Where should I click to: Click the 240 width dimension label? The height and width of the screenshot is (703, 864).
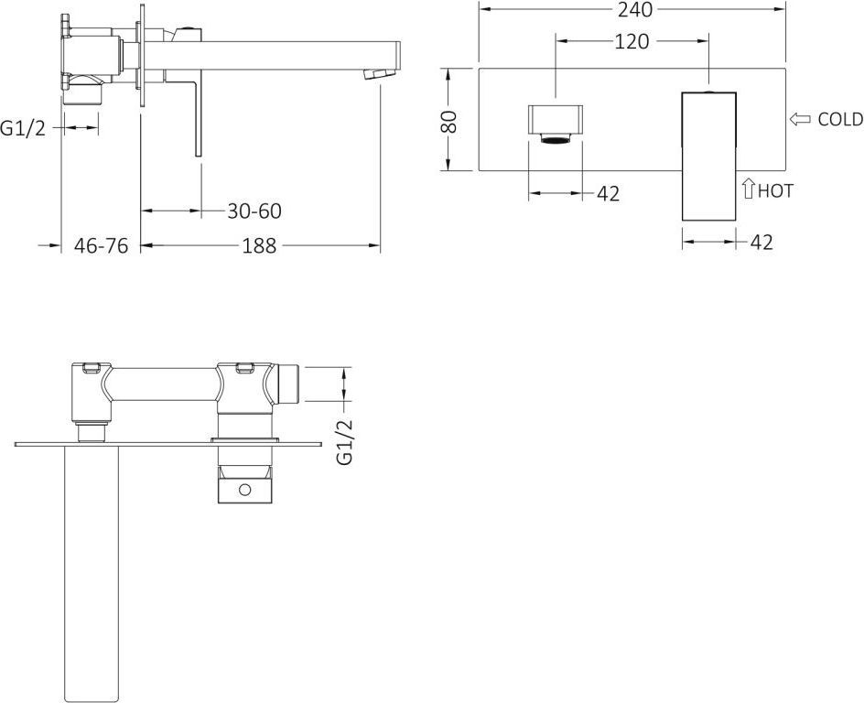[635, 9]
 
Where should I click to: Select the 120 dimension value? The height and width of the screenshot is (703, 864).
[632, 41]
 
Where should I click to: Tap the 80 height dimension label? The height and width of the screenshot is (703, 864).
[449, 121]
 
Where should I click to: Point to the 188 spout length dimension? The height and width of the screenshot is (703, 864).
[259, 245]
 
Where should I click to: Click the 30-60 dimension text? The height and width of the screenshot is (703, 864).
[254, 211]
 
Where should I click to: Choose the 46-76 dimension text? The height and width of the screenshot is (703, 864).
[101, 245]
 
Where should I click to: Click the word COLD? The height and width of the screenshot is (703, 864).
[840, 119]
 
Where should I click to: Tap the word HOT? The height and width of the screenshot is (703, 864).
[776, 190]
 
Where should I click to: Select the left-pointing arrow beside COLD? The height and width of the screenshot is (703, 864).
[800, 119]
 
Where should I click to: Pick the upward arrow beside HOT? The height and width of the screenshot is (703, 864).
[748, 188]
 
